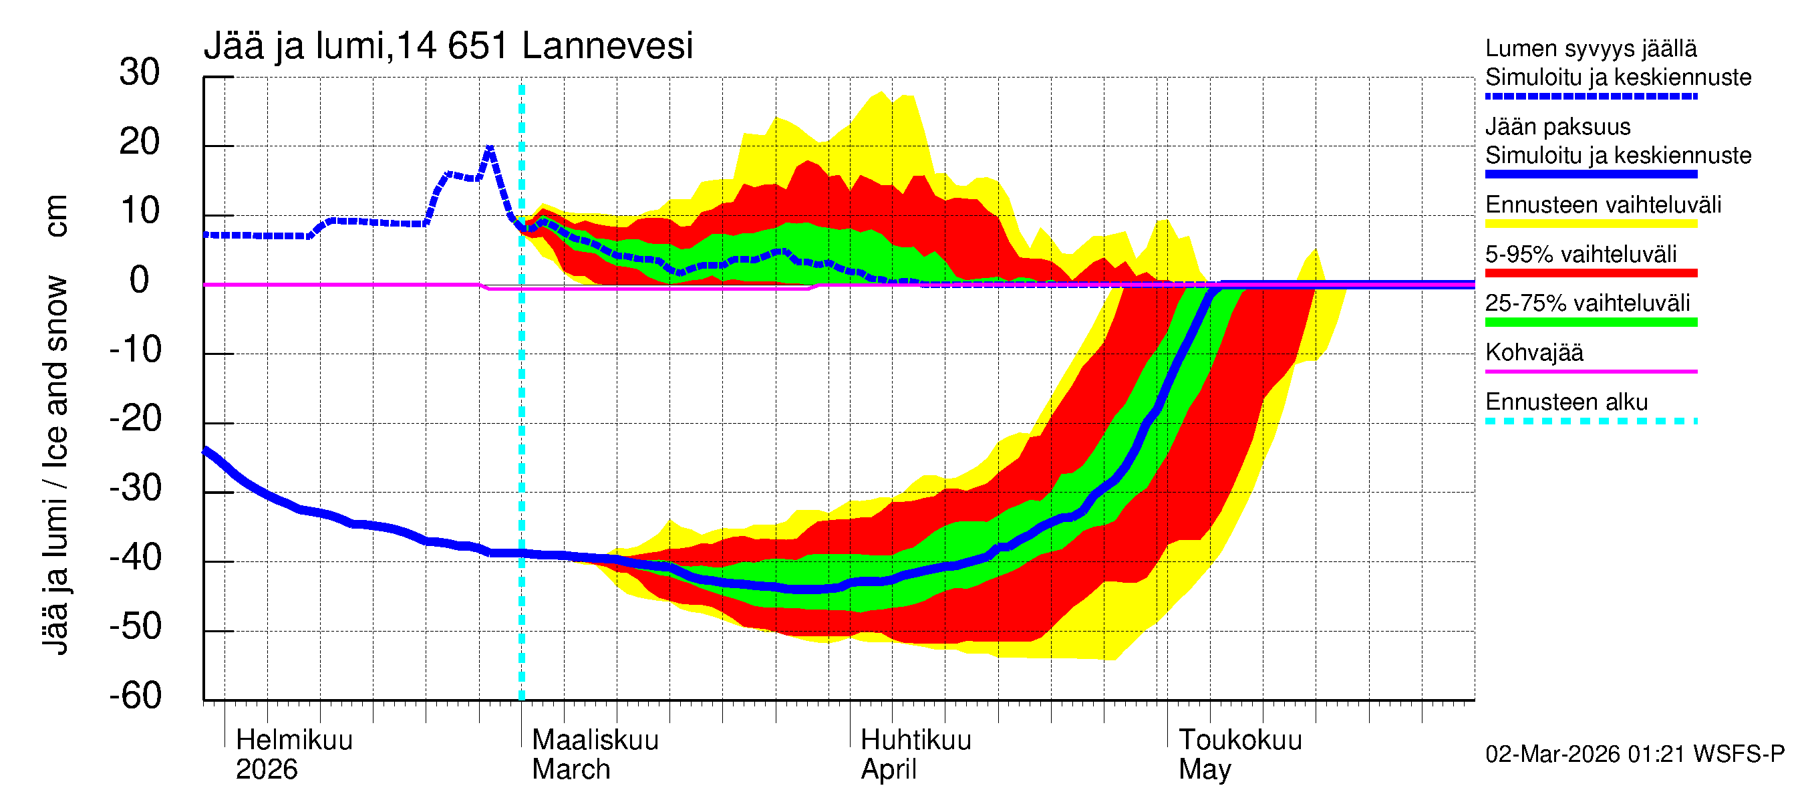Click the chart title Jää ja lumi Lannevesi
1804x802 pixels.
tap(448, 46)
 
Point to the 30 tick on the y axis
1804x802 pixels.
tap(140, 72)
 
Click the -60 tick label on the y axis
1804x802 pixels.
tap(135, 696)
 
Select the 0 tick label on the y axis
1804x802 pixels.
tap(140, 280)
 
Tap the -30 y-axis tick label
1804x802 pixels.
tap(135, 488)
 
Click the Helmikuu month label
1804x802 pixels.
tap(294, 740)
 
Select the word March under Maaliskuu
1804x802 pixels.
tap(571, 769)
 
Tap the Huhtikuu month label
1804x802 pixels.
tap(915, 740)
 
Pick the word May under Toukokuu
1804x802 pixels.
tap(1204, 769)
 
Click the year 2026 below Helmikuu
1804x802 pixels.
tap(266, 769)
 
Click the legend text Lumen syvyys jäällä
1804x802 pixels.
tap(1590, 48)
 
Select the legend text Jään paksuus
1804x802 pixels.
tap(1557, 127)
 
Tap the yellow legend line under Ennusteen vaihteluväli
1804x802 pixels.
tap(1590, 224)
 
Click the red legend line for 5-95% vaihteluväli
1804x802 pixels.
tap(1590, 273)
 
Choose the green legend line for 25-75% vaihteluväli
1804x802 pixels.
tap(1590, 322)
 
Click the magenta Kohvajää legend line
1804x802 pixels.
tap(1590, 371)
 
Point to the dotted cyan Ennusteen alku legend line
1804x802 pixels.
tap(1590, 421)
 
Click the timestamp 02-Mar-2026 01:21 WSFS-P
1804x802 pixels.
tap(1634, 754)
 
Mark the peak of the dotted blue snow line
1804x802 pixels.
tap(490, 147)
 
